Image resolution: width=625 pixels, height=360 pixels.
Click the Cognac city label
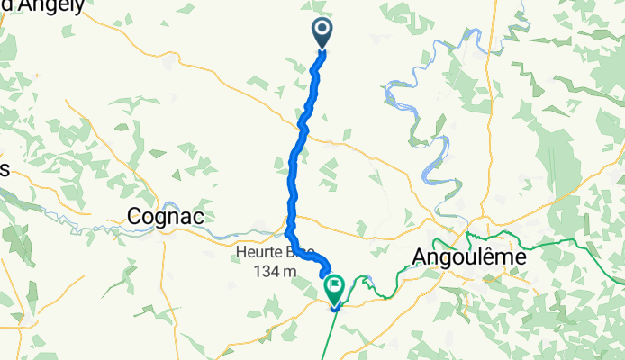coord(166,217)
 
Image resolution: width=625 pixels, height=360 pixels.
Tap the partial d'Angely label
coord(45,6)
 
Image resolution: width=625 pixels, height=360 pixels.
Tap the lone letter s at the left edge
coord(4,170)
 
